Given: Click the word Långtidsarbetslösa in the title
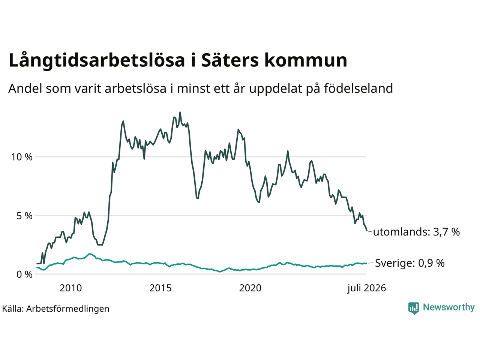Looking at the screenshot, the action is [x=97, y=60].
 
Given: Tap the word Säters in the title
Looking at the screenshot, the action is [x=230, y=60].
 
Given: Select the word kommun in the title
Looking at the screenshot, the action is [x=306, y=60].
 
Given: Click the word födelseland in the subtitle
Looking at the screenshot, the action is [x=358, y=88].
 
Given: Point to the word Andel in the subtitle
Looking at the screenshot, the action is [x=25, y=88].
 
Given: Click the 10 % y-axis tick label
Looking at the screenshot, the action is [x=22, y=157].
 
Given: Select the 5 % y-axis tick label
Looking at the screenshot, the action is [x=24, y=216].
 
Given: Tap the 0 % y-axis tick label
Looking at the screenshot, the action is [x=24, y=274].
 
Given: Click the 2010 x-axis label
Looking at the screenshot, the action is [x=70, y=288].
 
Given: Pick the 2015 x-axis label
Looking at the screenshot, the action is [x=160, y=288].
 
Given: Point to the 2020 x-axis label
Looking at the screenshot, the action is [x=250, y=288].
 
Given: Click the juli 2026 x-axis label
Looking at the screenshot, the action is [x=367, y=288].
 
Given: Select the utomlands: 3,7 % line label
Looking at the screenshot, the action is [x=416, y=232].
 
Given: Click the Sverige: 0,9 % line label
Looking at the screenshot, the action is [x=410, y=263].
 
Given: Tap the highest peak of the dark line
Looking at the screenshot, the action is [x=180, y=112].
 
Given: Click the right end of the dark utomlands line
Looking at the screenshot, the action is [x=367, y=231].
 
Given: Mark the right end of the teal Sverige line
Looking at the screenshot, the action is [x=366, y=263].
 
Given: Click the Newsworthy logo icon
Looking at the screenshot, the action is [x=414, y=308].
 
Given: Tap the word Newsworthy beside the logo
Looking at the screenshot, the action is [x=449, y=307].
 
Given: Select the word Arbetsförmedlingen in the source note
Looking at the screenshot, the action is [x=68, y=309].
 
